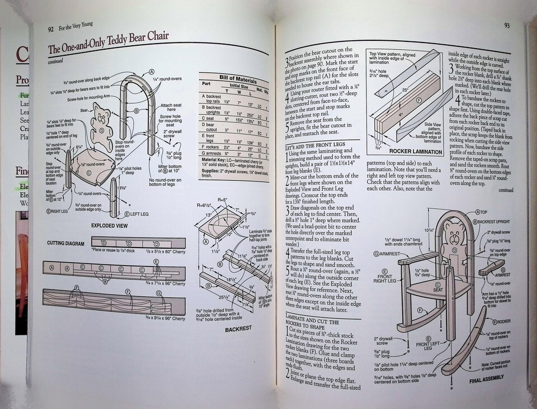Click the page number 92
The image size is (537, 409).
tap(50, 29)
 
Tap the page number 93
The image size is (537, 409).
tap(506, 25)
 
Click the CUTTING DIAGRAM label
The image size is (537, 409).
tap(62, 244)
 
